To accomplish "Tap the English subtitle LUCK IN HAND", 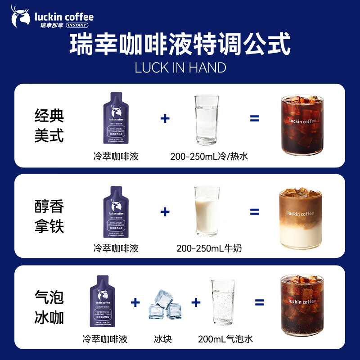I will click(x=180, y=67).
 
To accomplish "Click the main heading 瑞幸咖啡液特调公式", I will click(x=180, y=45).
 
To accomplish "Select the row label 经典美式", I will click(x=49, y=126).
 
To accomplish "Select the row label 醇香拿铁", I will click(x=49, y=216).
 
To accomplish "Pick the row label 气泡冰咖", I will click(x=49, y=307).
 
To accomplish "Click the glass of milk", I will click(x=207, y=211).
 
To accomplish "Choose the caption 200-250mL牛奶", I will click(x=209, y=248).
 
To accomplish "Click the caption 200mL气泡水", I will click(x=222, y=339).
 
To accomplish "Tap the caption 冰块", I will click(x=162, y=339).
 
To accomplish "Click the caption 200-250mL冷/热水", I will click(x=209, y=157).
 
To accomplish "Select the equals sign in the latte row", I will click(x=255, y=211).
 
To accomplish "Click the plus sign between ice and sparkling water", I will click(x=195, y=302).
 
